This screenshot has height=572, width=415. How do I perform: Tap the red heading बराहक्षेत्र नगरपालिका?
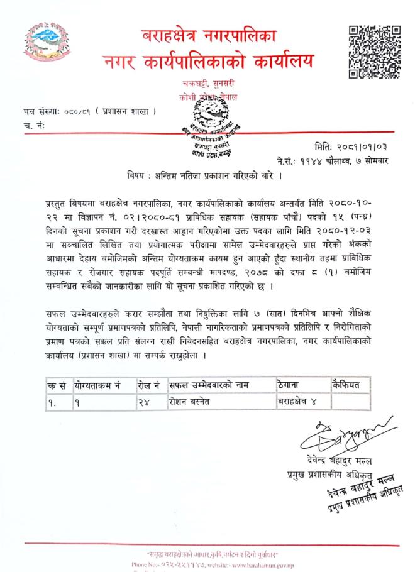207,35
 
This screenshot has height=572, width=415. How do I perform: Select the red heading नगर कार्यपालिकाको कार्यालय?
207,63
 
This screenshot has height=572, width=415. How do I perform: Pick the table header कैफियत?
346,385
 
